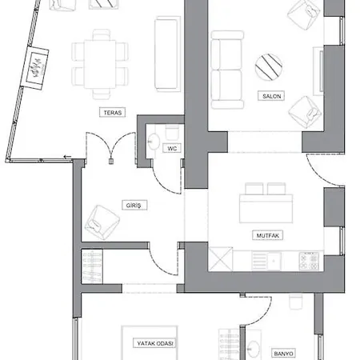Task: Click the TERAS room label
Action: coord(113,112)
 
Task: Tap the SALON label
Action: coord(271,96)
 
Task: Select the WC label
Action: coord(172,148)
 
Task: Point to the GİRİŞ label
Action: coord(134,206)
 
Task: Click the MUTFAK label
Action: coord(268,235)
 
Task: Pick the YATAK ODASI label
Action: coord(155,343)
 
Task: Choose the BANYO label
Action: coord(283,354)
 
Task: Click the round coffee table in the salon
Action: coord(269,67)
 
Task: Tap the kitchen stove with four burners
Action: coord(309,261)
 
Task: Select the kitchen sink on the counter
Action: coord(274,261)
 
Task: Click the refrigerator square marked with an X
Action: coord(221,259)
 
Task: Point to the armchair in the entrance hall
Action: coord(102,222)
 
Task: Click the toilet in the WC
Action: coord(172,133)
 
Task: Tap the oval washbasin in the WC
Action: coord(154,141)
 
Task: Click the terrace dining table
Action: coord(100,64)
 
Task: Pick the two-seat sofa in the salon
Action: coord(227,70)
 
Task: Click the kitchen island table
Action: coord(266,209)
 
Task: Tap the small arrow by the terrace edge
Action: coord(68,157)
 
